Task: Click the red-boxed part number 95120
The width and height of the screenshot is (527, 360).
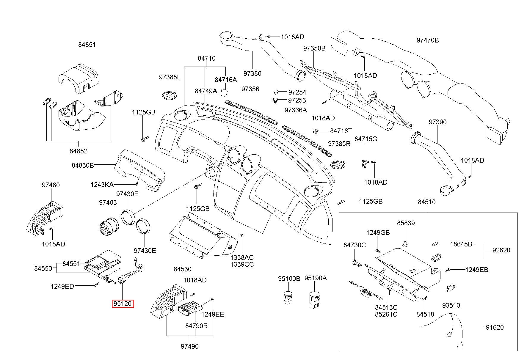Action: click(123, 304)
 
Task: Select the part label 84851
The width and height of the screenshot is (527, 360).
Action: click(87, 45)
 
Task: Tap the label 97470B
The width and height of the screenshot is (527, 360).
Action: click(427, 40)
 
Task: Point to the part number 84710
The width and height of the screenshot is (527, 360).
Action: click(207, 58)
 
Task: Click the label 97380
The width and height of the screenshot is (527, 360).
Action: click(252, 73)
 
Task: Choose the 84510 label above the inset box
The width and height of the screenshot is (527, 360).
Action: click(426, 202)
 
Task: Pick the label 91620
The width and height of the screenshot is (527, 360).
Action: click(495, 327)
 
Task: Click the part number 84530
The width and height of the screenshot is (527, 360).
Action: click(183, 269)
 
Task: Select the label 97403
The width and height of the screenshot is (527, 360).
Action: click(108, 202)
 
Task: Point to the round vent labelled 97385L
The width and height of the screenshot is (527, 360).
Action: click(170, 95)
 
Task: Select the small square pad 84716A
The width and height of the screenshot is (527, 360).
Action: click(225, 92)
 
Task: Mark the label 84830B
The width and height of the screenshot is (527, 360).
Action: click(83, 165)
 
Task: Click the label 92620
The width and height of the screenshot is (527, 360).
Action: click(501, 250)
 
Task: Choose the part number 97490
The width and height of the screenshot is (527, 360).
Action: click(189, 346)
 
